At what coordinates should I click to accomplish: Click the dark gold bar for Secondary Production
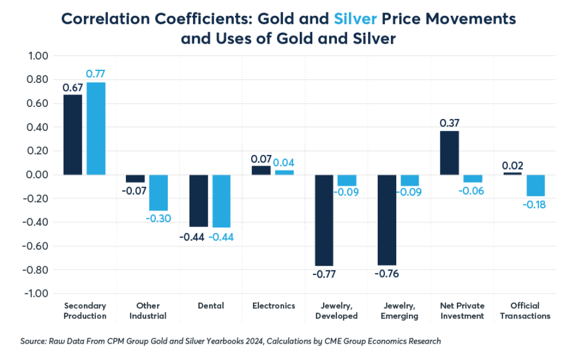pos(73,135)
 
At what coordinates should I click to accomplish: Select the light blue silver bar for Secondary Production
pos(96,129)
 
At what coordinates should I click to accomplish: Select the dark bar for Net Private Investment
pos(450,153)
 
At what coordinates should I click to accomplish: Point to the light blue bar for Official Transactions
pos(535,185)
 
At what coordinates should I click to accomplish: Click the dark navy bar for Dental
pos(198,201)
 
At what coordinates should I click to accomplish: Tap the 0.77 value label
pos(96,74)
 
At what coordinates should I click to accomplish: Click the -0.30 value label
pos(159,219)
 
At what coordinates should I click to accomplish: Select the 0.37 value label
pos(450,123)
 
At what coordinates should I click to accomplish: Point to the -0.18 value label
pos(535,205)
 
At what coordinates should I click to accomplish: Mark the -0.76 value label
pos(387,274)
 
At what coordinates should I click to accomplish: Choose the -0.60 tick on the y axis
pos(36,246)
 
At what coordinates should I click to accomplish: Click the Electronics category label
pos(274,305)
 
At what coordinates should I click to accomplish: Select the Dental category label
pos(210,305)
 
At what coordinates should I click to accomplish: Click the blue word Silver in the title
pos(355,19)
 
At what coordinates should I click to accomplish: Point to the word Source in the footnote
pos(33,341)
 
